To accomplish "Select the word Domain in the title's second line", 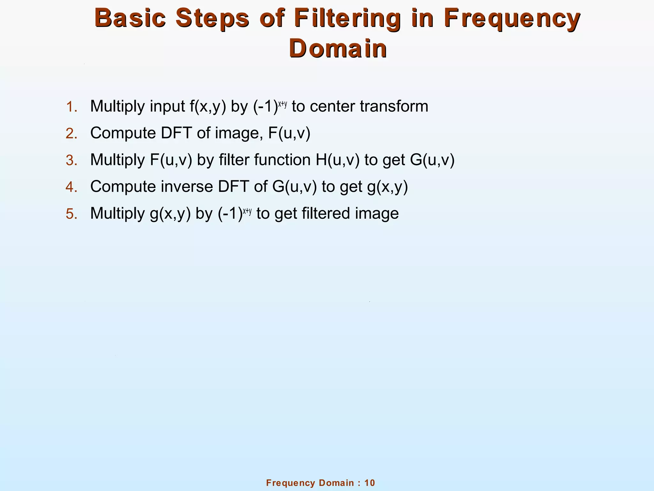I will click(x=338, y=49).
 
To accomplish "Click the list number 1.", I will click(x=72, y=107).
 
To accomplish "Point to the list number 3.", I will click(x=72, y=160).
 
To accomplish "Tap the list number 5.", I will click(x=72, y=214).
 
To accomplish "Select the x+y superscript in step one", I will click(x=283, y=104).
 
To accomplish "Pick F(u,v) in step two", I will click(x=289, y=133).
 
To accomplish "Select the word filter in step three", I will click(x=234, y=160).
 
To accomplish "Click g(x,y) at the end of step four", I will click(x=387, y=187).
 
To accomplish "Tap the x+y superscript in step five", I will click(x=247, y=211).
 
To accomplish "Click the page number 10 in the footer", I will click(x=369, y=483).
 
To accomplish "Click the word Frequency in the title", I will click(x=512, y=19).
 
